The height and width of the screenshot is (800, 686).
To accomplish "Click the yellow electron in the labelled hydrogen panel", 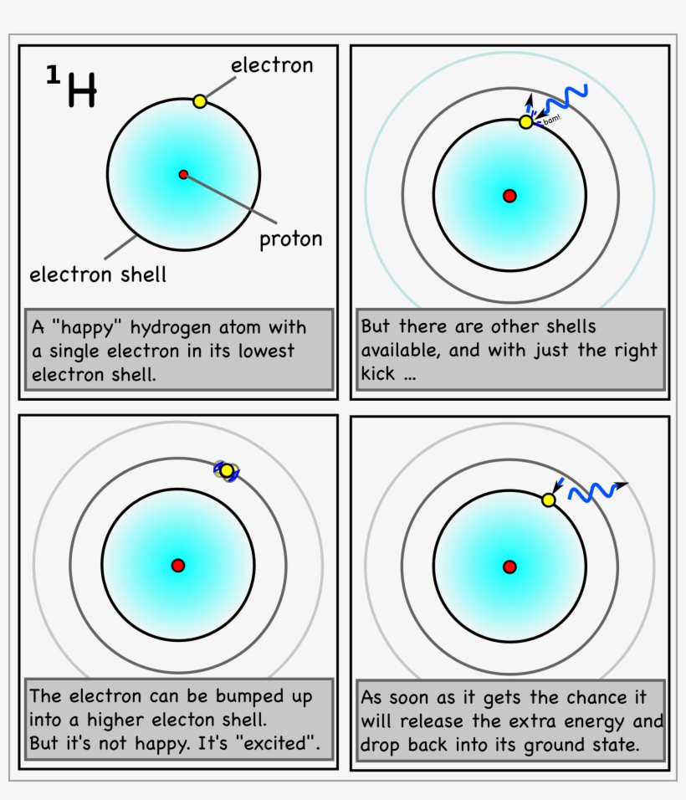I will tap(199, 101).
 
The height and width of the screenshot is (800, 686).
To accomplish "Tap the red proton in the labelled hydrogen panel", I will tap(183, 174).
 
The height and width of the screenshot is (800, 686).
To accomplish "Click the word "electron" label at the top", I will tap(272, 65).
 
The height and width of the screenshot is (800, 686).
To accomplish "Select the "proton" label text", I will tap(290, 239).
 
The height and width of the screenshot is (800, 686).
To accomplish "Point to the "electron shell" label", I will tap(98, 274).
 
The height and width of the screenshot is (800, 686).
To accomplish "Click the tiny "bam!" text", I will tap(552, 121).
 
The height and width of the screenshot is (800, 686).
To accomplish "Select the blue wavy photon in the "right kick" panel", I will tap(566, 100).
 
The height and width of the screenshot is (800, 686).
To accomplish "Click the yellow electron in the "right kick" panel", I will tap(526, 122).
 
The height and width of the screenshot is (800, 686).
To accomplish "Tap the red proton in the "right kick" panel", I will tap(509, 196).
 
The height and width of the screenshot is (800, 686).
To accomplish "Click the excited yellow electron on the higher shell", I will tap(227, 470).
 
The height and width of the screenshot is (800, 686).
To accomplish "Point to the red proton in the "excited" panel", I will tap(177, 566).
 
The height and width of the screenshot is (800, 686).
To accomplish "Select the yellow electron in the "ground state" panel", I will tap(549, 500).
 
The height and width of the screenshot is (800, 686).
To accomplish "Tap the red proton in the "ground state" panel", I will tap(509, 567).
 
